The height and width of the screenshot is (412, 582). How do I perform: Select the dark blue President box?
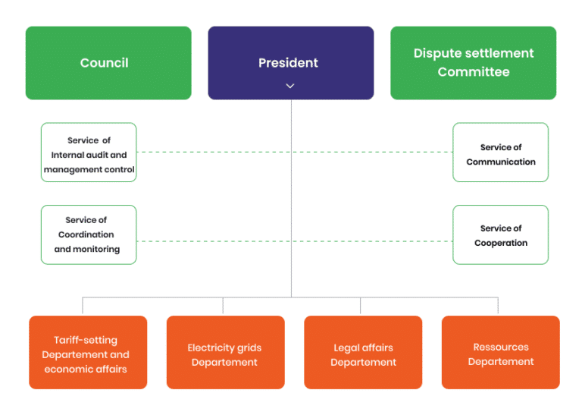tap(291, 63)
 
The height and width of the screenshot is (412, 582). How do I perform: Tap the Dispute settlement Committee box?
tap(473, 63)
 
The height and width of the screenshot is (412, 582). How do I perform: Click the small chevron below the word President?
tap(290, 86)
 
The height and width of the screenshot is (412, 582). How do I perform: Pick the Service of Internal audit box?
tap(89, 153)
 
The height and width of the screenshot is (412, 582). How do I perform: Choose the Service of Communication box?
tap(500, 153)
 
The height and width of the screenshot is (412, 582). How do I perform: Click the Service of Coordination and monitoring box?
tap(89, 234)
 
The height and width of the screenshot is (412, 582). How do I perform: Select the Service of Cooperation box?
tap(500, 234)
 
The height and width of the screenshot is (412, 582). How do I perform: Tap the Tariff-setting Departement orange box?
tap(88, 353)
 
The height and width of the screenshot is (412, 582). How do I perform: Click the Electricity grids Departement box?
tap(225, 353)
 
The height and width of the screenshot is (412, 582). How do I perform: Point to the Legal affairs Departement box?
tap(363, 353)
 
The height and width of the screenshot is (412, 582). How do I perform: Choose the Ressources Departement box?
tap(500, 353)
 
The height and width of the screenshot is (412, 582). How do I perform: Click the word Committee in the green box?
tap(473, 73)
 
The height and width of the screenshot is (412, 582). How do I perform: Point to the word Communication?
tap(500, 162)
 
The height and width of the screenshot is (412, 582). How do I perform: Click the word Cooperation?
tap(500, 243)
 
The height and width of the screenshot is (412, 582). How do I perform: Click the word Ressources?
tap(500, 347)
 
